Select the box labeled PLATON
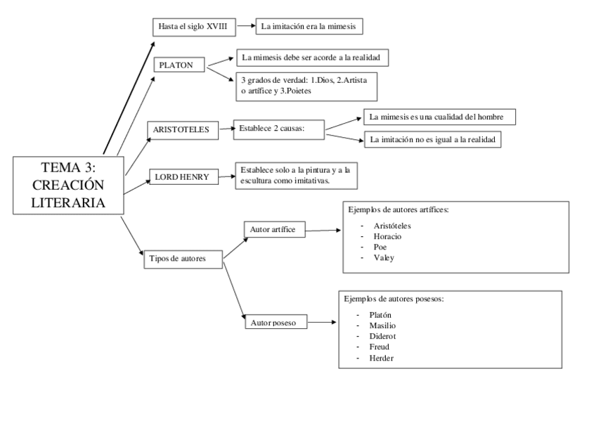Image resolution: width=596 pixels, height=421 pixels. click(179, 65)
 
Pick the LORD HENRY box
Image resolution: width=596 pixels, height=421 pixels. click(182, 177)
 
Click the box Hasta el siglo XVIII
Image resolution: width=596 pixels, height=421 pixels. click(193, 27)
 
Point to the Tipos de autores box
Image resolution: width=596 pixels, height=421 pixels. click(182, 258)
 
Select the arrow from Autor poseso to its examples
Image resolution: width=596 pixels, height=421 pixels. click(321, 324)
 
